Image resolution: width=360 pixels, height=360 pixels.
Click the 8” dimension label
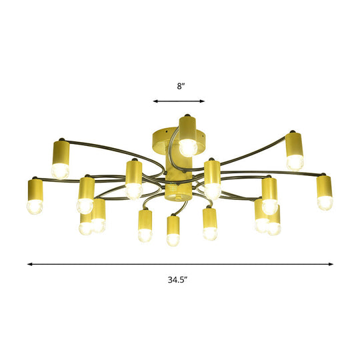pos(180,86)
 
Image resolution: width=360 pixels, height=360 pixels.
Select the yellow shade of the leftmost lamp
pos(35,189)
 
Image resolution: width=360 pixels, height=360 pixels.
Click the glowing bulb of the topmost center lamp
pos(187,145)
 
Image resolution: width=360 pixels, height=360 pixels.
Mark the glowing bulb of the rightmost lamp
pos(324,203)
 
